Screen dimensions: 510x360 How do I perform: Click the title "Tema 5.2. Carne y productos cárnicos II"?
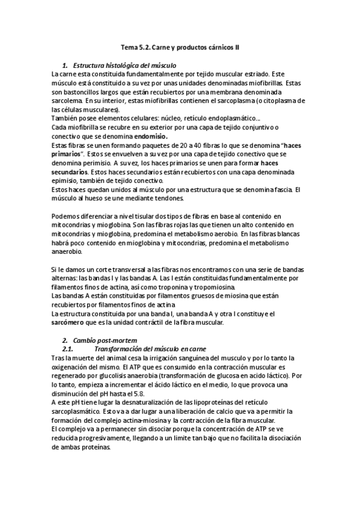(x=181, y=46)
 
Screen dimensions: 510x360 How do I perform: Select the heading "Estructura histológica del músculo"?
(x=124, y=64)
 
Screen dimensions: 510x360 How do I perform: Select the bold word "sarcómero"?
(x=71, y=322)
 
